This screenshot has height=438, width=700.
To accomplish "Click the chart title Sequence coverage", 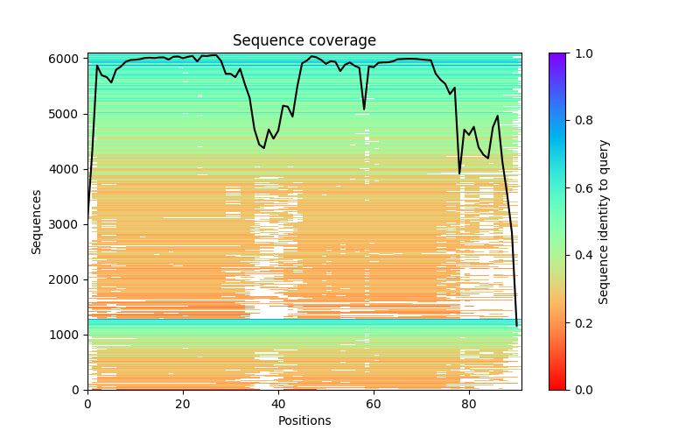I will [304, 41].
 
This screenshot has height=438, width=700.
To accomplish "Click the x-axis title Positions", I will [304, 421].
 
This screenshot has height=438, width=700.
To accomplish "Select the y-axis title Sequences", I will [37, 222].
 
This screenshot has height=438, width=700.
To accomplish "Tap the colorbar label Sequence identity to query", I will [604, 222].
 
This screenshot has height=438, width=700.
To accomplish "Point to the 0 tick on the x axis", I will [87, 404].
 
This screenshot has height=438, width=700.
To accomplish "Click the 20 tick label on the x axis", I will [183, 404].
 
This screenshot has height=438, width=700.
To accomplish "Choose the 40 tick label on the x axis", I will [278, 404].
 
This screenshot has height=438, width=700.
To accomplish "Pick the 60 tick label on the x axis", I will [374, 404].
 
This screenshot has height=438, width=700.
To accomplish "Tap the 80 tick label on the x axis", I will [469, 404].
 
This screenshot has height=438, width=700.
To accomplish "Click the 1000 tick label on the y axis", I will [66, 335].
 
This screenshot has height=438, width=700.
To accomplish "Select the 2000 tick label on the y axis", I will [66, 279].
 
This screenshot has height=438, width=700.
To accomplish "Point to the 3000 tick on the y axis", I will [66, 224].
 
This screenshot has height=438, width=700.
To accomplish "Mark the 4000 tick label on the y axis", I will [66, 169].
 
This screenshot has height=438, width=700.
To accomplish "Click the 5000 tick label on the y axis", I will [66, 114].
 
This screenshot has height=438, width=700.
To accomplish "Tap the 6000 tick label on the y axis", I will [66, 59].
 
